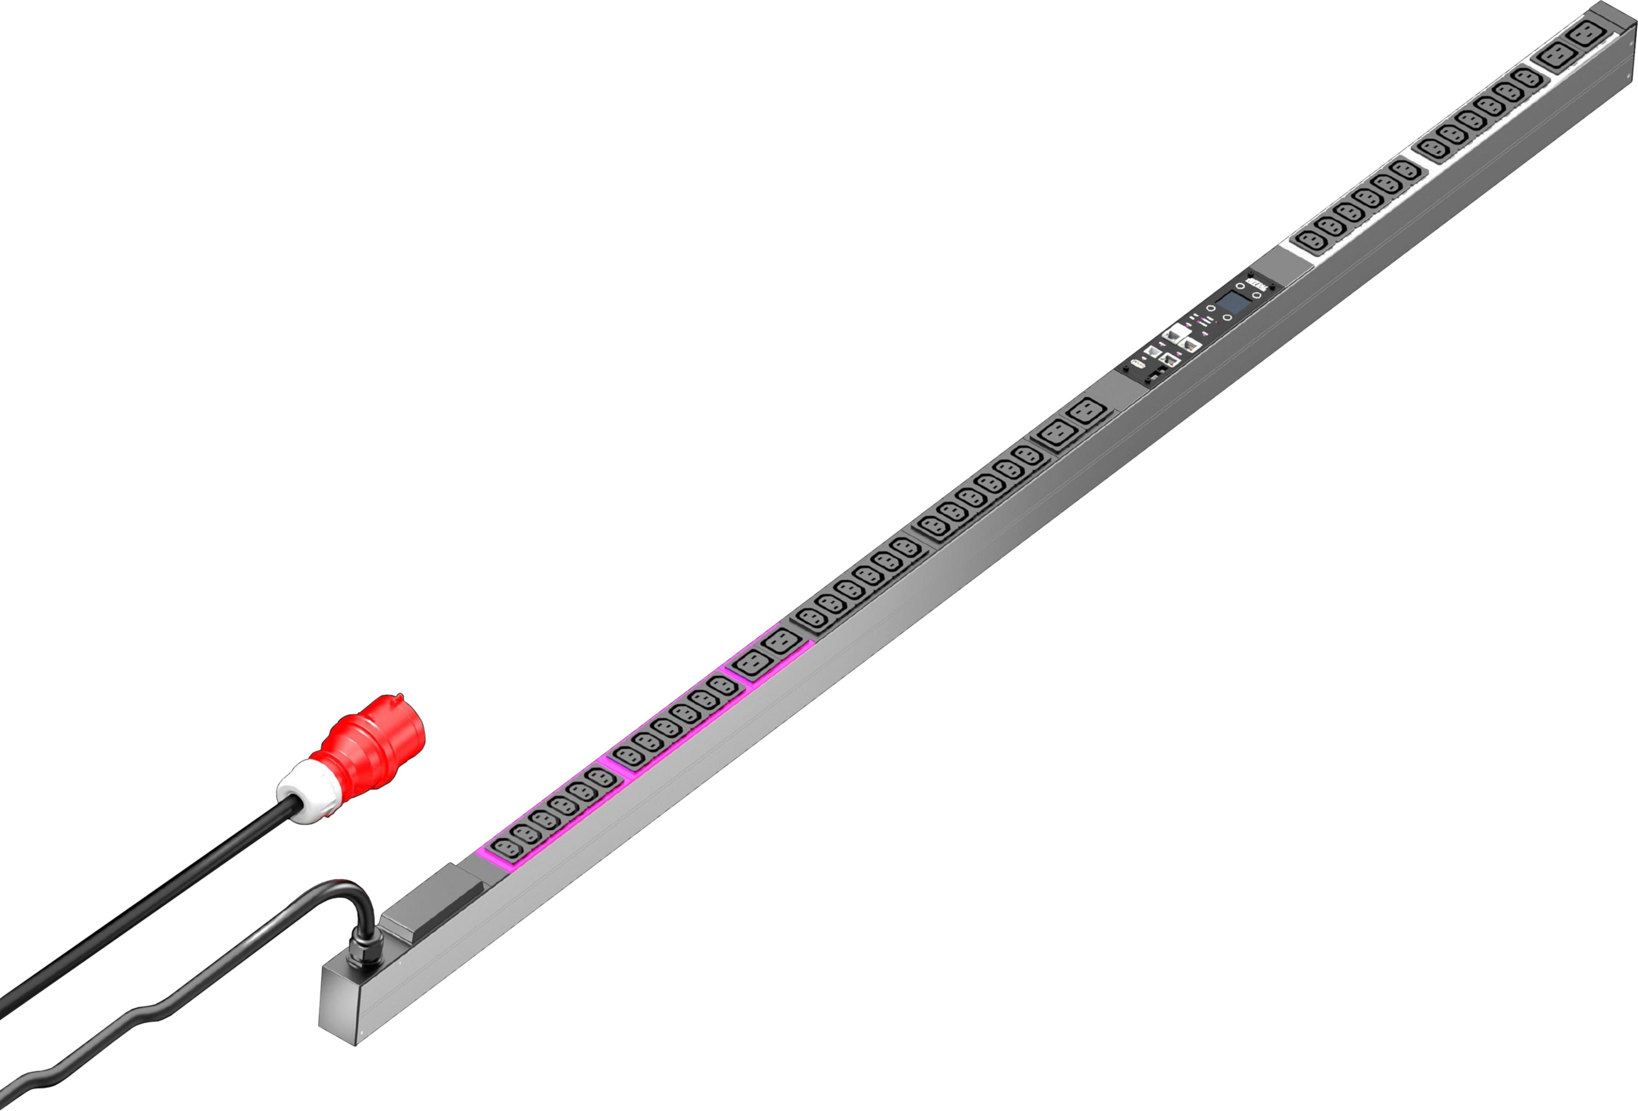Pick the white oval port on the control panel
1136,365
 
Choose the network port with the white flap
1176,335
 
